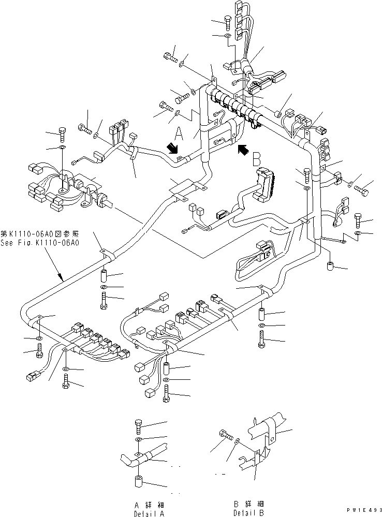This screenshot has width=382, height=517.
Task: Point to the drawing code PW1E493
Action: (x=364, y=510)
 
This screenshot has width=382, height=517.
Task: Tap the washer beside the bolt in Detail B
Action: (x=237, y=441)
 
